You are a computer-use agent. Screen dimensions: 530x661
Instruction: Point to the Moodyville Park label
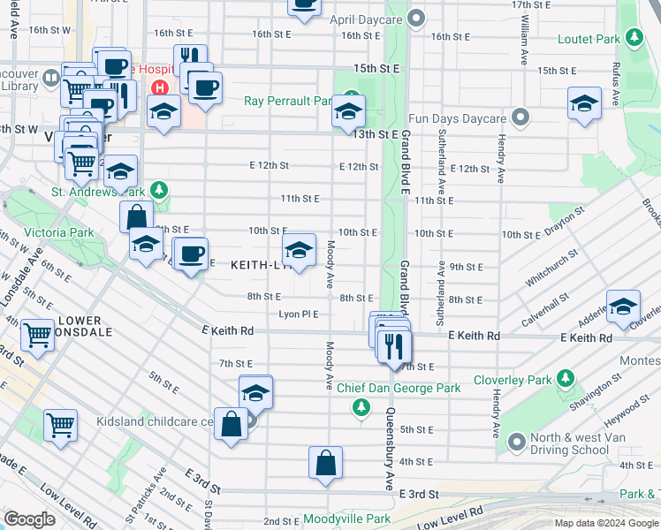point(346,519)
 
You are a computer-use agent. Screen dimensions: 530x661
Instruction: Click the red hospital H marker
point(160,87)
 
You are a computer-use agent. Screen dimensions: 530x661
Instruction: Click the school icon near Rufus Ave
point(584,103)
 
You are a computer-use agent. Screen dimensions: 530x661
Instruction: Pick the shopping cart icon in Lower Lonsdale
point(37,334)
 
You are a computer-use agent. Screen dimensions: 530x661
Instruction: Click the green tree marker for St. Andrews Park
point(158,190)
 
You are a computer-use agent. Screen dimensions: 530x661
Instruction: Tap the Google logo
point(29,519)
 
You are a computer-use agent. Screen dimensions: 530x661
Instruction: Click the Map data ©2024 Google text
point(605,523)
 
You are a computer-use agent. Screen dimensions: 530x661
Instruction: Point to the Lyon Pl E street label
point(298,314)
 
